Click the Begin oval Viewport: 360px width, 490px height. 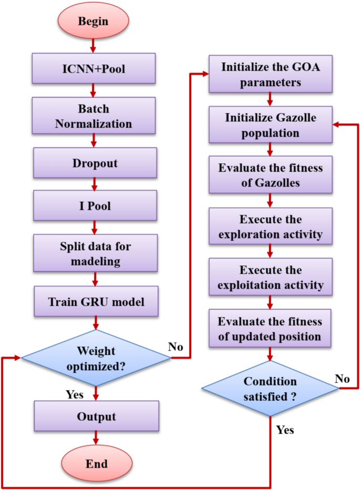point(94,22)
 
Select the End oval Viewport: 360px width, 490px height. point(96,463)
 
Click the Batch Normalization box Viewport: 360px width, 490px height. point(95,117)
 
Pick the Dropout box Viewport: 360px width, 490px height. point(95,162)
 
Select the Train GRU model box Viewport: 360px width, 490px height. point(95,301)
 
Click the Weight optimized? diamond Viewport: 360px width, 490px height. point(96,359)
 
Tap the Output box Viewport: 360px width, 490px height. point(96,416)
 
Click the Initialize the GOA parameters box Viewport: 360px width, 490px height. point(270,75)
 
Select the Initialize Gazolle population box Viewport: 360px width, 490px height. point(270,126)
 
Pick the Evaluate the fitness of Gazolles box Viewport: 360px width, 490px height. point(270,176)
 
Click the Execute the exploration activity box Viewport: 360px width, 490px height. point(270,226)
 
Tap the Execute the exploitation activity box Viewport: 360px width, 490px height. point(270,278)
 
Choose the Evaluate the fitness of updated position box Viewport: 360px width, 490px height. point(270,329)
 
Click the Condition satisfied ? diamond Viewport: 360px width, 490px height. point(271,389)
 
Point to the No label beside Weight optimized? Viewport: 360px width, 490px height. point(176,346)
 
